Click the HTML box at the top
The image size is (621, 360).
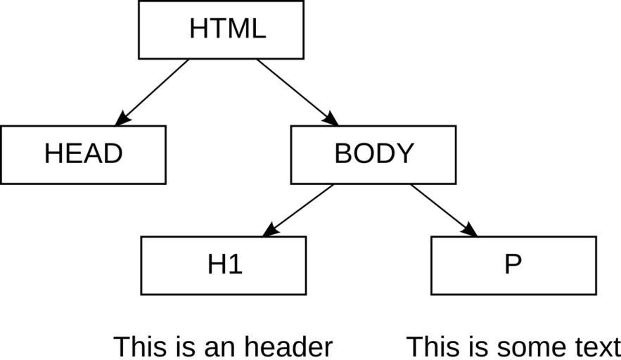tap(221, 30)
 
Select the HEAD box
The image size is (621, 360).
tap(83, 155)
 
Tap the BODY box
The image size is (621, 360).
tap(373, 155)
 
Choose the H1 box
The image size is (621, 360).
tap(224, 266)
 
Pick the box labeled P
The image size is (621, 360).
tap(513, 266)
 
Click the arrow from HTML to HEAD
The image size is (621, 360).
tap(152, 93)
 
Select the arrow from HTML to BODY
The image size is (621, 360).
tap(297, 93)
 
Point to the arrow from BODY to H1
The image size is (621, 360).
tap(297, 210)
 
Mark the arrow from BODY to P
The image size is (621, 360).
tap(444, 210)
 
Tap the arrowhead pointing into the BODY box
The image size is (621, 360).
tap(332, 120)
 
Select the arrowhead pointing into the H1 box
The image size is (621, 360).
tap(269, 231)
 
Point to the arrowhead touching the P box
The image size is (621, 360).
tap(470, 231)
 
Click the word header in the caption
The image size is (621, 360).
tap(288, 347)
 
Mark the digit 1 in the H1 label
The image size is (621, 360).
tap(236, 264)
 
